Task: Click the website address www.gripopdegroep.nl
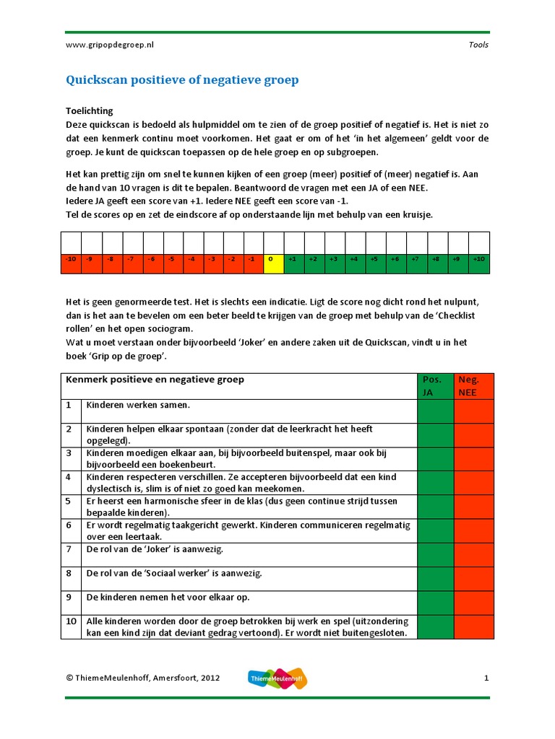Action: click(110, 45)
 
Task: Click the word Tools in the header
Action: click(478, 45)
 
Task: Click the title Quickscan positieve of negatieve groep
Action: click(182, 80)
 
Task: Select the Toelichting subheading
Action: click(89, 111)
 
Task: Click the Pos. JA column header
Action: click(435, 385)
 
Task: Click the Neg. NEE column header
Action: click(473, 385)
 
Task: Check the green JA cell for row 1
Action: click(435, 411)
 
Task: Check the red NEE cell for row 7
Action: click(473, 554)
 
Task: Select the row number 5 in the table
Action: click(69, 500)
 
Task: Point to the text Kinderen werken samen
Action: click(138, 406)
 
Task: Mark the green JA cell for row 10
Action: click(435, 626)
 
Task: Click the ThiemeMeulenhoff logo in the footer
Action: click(277, 678)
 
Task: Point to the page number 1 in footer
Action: click(486, 678)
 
